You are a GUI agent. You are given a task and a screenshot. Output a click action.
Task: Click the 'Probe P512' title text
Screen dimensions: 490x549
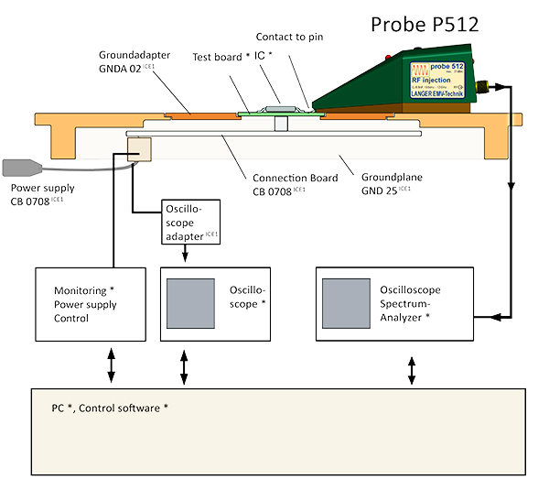(425, 23)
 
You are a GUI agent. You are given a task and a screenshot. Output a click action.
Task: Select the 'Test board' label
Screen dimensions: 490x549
(221, 57)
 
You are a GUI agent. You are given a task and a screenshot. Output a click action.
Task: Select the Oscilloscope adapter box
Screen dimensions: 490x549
(190, 223)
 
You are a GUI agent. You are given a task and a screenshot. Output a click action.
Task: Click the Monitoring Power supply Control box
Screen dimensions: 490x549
(90, 304)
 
